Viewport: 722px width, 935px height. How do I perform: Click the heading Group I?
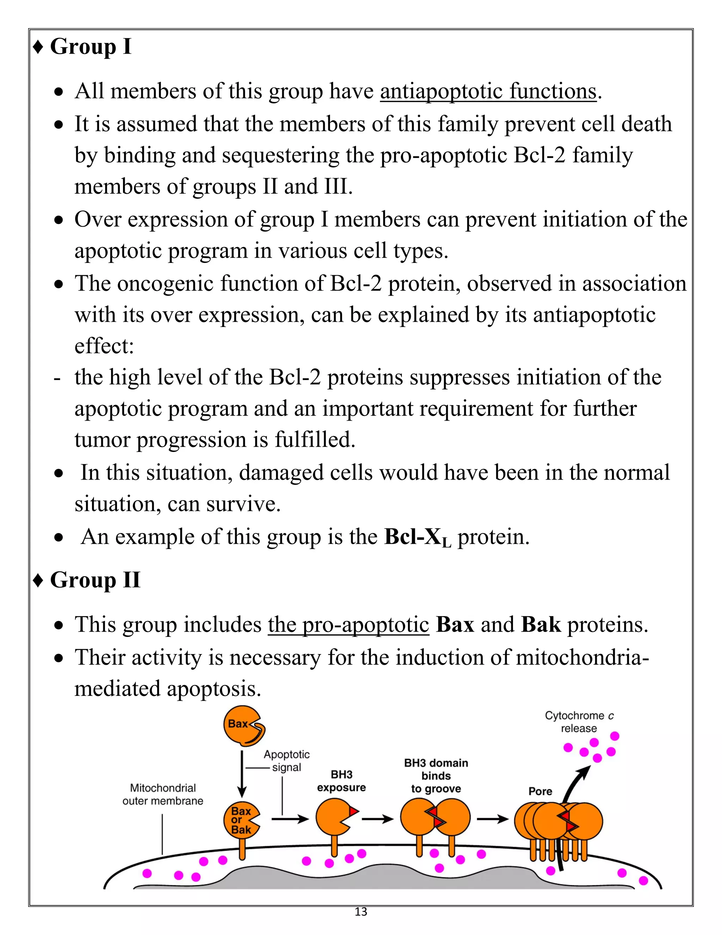pos(90,46)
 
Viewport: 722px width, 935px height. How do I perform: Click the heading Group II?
pos(95,580)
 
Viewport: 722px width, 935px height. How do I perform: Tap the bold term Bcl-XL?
pos(417,537)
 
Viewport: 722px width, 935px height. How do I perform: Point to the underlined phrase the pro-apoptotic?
pos(349,625)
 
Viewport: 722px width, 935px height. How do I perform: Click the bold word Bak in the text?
pos(541,625)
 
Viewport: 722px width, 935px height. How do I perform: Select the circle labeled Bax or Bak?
pos(241,820)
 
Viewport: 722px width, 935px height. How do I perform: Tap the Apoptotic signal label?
pos(286,761)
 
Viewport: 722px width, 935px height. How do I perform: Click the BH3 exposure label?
pos(341,781)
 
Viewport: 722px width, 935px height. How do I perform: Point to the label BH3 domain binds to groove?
pos(436,776)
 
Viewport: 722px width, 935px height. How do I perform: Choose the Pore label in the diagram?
pos(540,791)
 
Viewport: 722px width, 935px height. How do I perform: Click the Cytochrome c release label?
pos(579,722)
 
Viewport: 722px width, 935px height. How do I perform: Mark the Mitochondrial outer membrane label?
pos(163,794)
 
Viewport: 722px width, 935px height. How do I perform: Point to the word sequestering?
pos(280,155)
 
